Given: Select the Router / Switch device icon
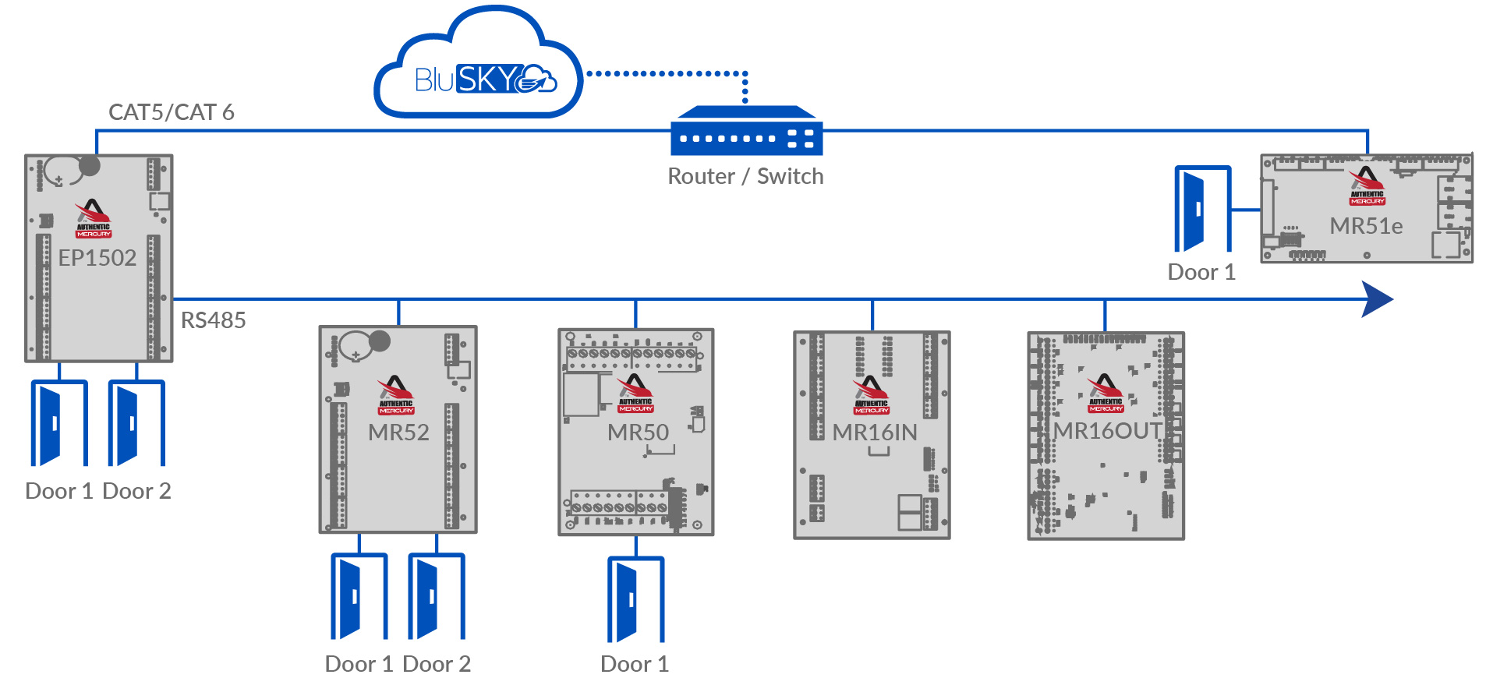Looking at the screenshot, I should [x=746, y=132].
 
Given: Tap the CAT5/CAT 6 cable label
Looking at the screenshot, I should [x=171, y=112].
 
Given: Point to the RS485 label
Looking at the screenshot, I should [x=213, y=320].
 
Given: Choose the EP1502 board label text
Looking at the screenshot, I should [x=97, y=258].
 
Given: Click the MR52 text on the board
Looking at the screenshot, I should [x=398, y=433].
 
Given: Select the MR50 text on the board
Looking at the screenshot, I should [x=638, y=433].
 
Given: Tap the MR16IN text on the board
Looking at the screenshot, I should [x=874, y=433].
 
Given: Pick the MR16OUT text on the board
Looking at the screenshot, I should [x=1107, y=431].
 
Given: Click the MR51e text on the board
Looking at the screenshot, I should [x=1366, y=226].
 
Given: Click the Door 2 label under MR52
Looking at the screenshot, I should [x=437, y=664].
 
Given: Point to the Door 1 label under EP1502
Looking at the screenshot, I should [x=58, y=491].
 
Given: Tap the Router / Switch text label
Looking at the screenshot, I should [x=745, y=177].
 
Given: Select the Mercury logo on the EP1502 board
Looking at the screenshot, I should [x=93, y=219].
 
